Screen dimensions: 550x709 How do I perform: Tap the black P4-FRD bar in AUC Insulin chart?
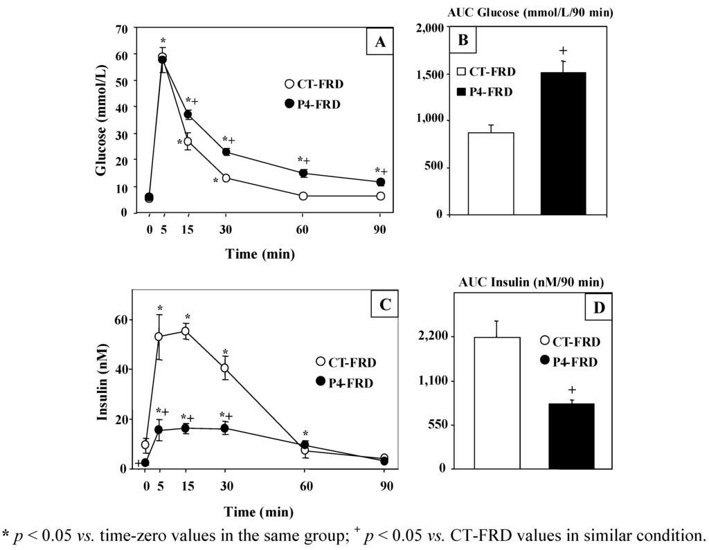pyautogui.click(x=571, y=436)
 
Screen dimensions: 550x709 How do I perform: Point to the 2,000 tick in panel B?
pyautogui.click(x=430, y=28)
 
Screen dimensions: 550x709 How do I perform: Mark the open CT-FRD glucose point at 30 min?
pyautogui.click(x=226, y=178)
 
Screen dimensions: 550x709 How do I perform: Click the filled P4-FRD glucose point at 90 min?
pyautogui.click(x=380, y=182)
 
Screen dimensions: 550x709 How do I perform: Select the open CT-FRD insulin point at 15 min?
pyautogui.click(x=185, y=331)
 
